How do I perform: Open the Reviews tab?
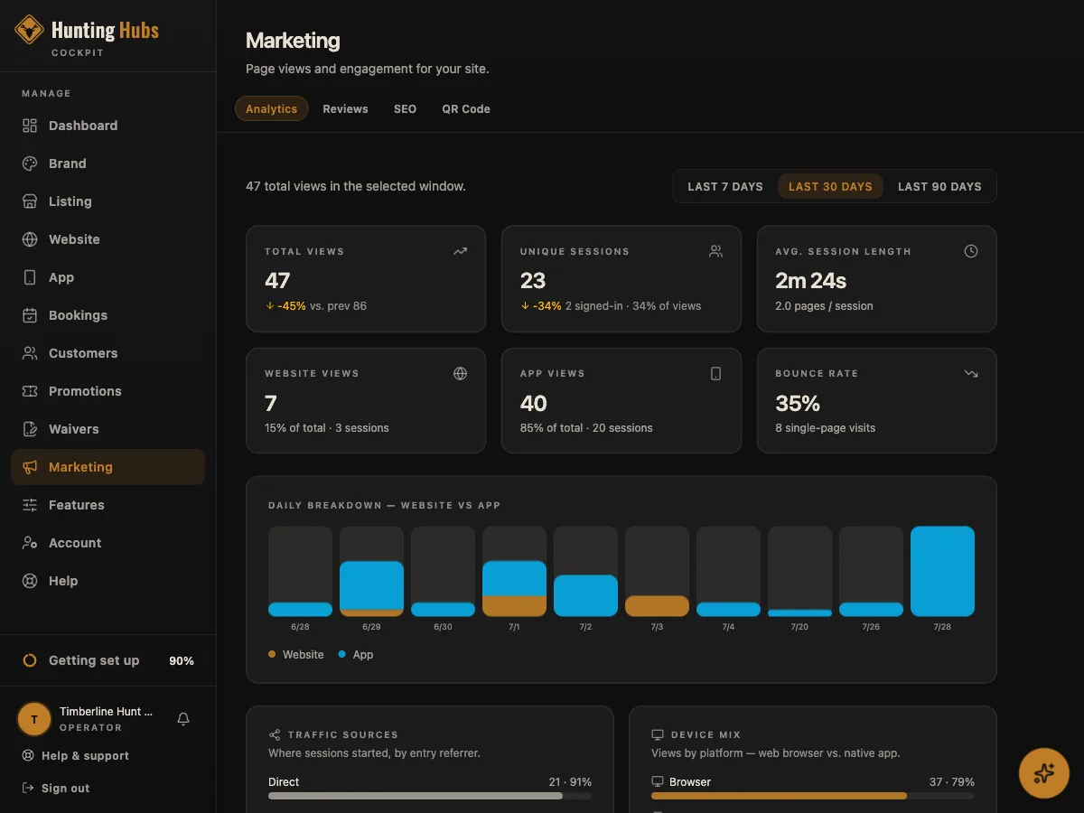345,108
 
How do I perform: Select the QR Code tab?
466,108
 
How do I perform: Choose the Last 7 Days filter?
725,187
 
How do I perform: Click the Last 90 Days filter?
939,187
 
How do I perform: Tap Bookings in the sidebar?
78,315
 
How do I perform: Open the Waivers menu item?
73,429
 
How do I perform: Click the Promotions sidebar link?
84,391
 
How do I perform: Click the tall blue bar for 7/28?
942,571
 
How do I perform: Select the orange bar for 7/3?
657,605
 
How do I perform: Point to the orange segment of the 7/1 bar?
514,605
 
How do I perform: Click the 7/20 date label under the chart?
799,626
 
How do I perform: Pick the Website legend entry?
295,655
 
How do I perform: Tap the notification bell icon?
183,719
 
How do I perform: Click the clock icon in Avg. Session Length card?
970,251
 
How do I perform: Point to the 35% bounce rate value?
797,403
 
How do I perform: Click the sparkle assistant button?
1043,773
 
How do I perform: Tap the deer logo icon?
29,30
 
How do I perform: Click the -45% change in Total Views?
292,306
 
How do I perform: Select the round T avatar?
34,719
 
